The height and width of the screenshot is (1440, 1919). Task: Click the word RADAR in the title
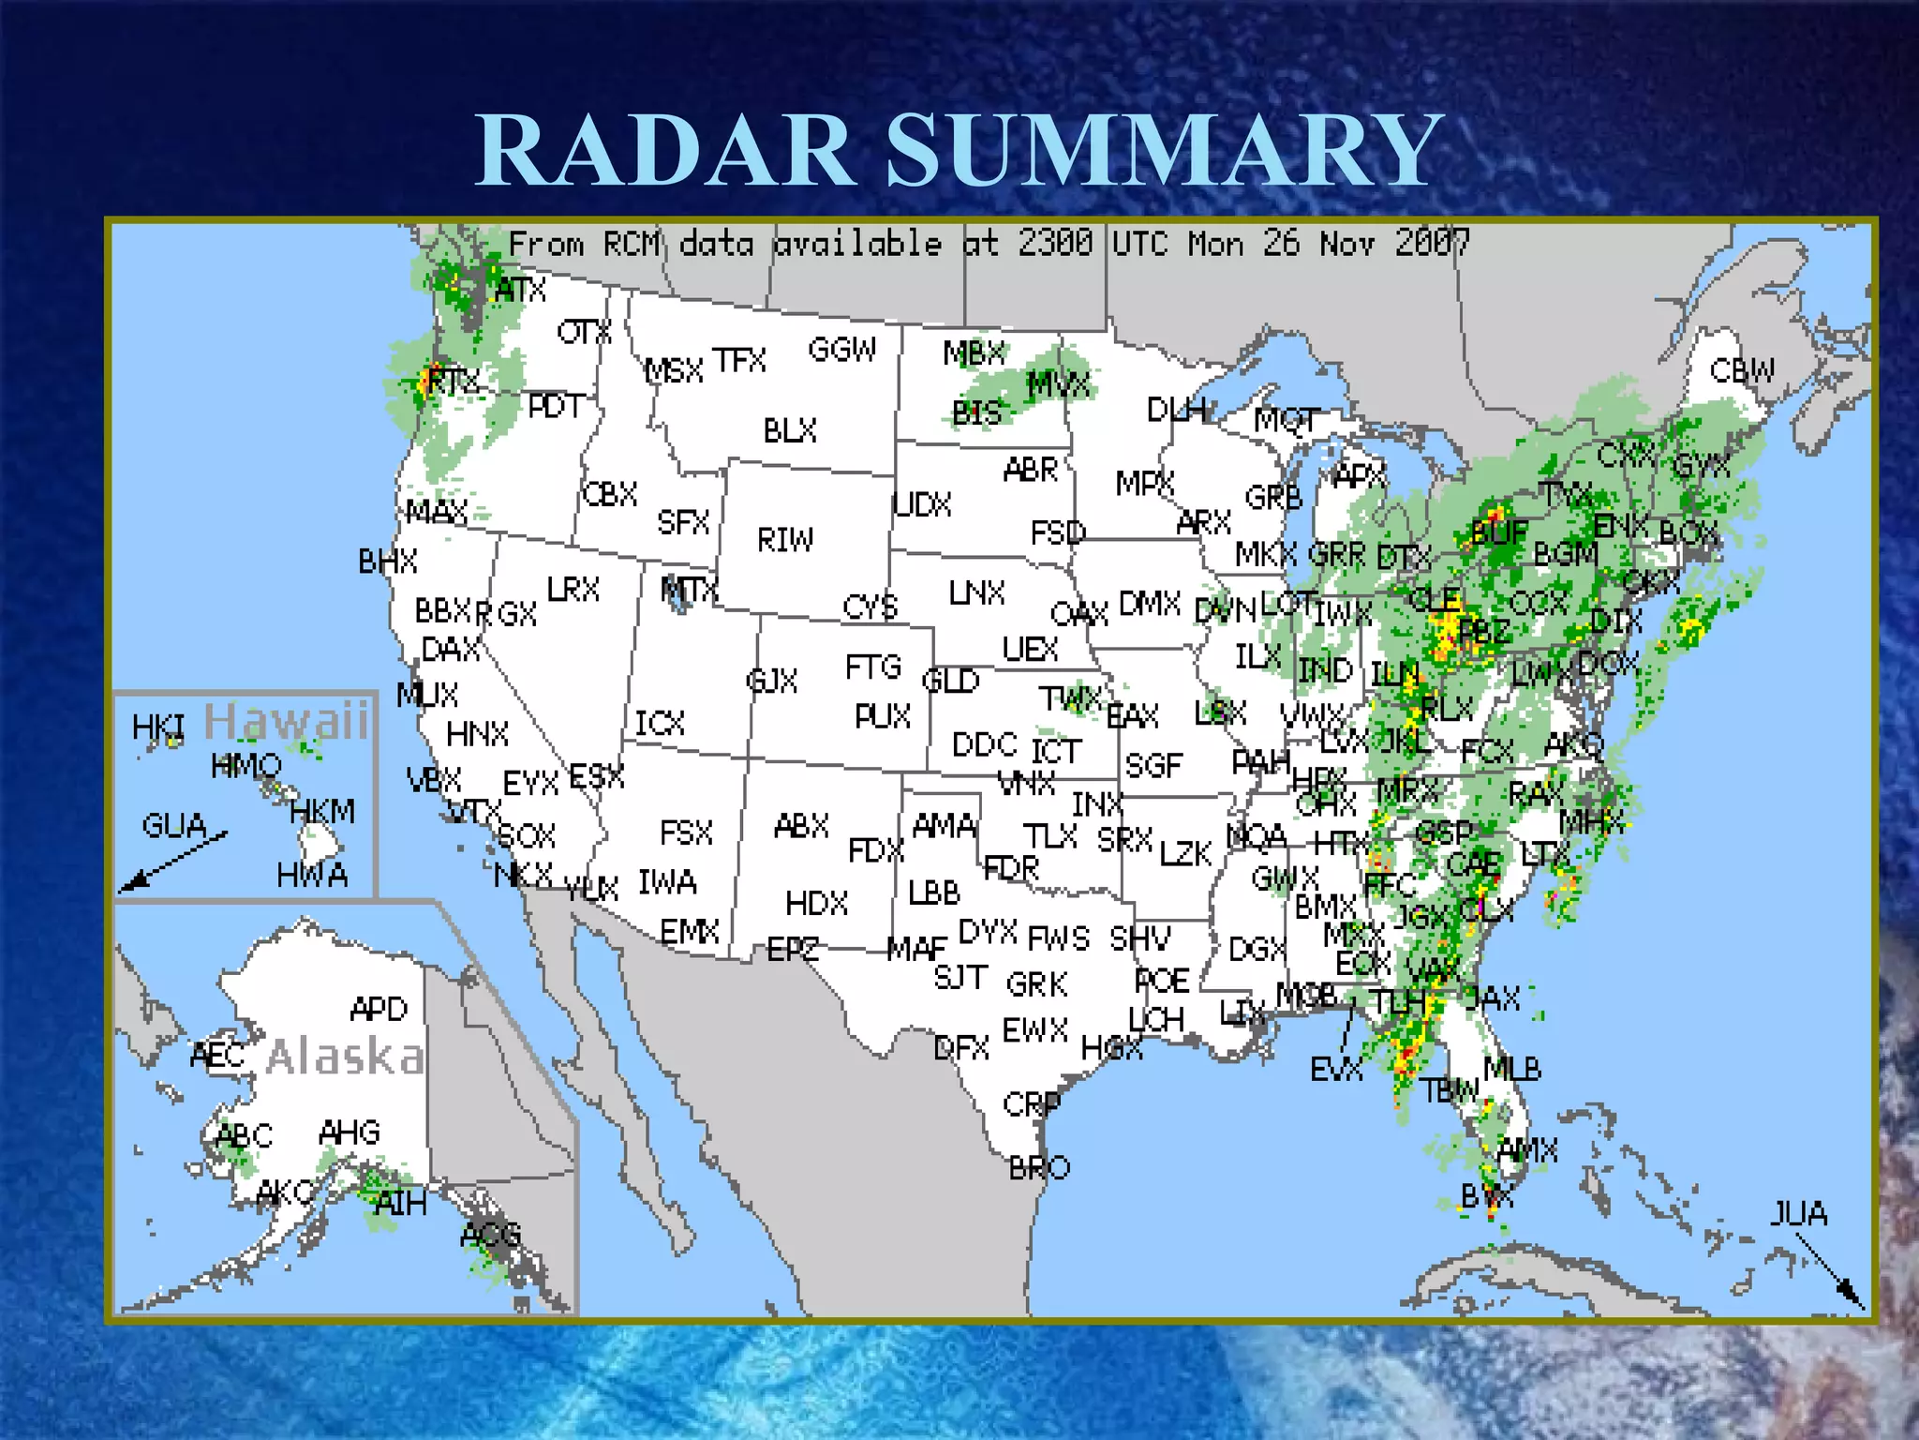[x=665, y=150]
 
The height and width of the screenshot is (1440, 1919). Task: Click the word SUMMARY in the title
[x=1164, y=150]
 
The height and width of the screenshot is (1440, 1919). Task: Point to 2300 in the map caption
[x=1055, y=244]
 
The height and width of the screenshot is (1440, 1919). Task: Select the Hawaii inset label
[x=287, y=721]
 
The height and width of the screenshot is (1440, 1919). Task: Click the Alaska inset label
[x=345, y=1057]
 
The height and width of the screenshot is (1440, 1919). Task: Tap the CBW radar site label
[x=1742, y=371]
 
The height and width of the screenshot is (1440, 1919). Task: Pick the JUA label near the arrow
[x=1798, y=1214]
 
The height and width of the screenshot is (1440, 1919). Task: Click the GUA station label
[x=174, y=826]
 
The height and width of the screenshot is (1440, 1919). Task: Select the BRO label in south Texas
[x=1039, y=1168]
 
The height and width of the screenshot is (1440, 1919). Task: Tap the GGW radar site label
[x=842, y=350]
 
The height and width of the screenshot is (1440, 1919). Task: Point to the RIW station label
[x=785, y=540]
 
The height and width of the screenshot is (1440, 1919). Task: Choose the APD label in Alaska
[x=379, y=1010]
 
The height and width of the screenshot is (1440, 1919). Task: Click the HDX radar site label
[x=816, y=904]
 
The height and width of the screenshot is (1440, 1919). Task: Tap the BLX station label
[x=790, y=430]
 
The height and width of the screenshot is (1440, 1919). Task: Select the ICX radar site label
[x=660, y=724]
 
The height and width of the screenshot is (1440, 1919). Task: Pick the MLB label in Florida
[x=1512, y=1069]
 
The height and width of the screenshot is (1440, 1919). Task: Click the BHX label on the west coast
[x=388, y=562]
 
